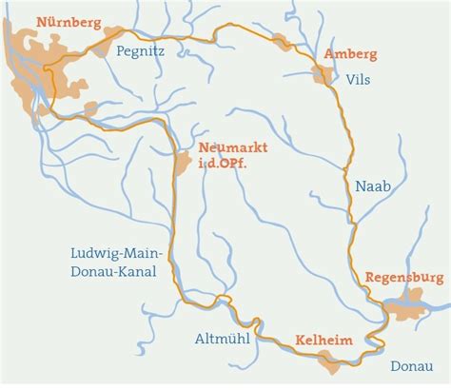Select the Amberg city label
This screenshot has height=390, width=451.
pos(350,54)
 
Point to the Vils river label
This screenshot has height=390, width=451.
pos(358,81)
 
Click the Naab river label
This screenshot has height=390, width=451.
pos(372,186)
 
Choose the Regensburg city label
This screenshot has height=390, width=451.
pos(403,278)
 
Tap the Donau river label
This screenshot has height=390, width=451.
pos(411,363)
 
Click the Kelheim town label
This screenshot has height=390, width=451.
pos(324,340)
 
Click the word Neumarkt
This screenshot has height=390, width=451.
pos(233,147)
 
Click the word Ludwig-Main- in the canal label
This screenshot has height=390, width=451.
pos(118,253)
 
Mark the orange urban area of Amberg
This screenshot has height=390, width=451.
pos(322,73)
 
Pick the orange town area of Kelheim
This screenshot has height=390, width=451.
pos(329,360)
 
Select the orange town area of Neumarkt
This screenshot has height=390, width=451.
pos(182,163)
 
